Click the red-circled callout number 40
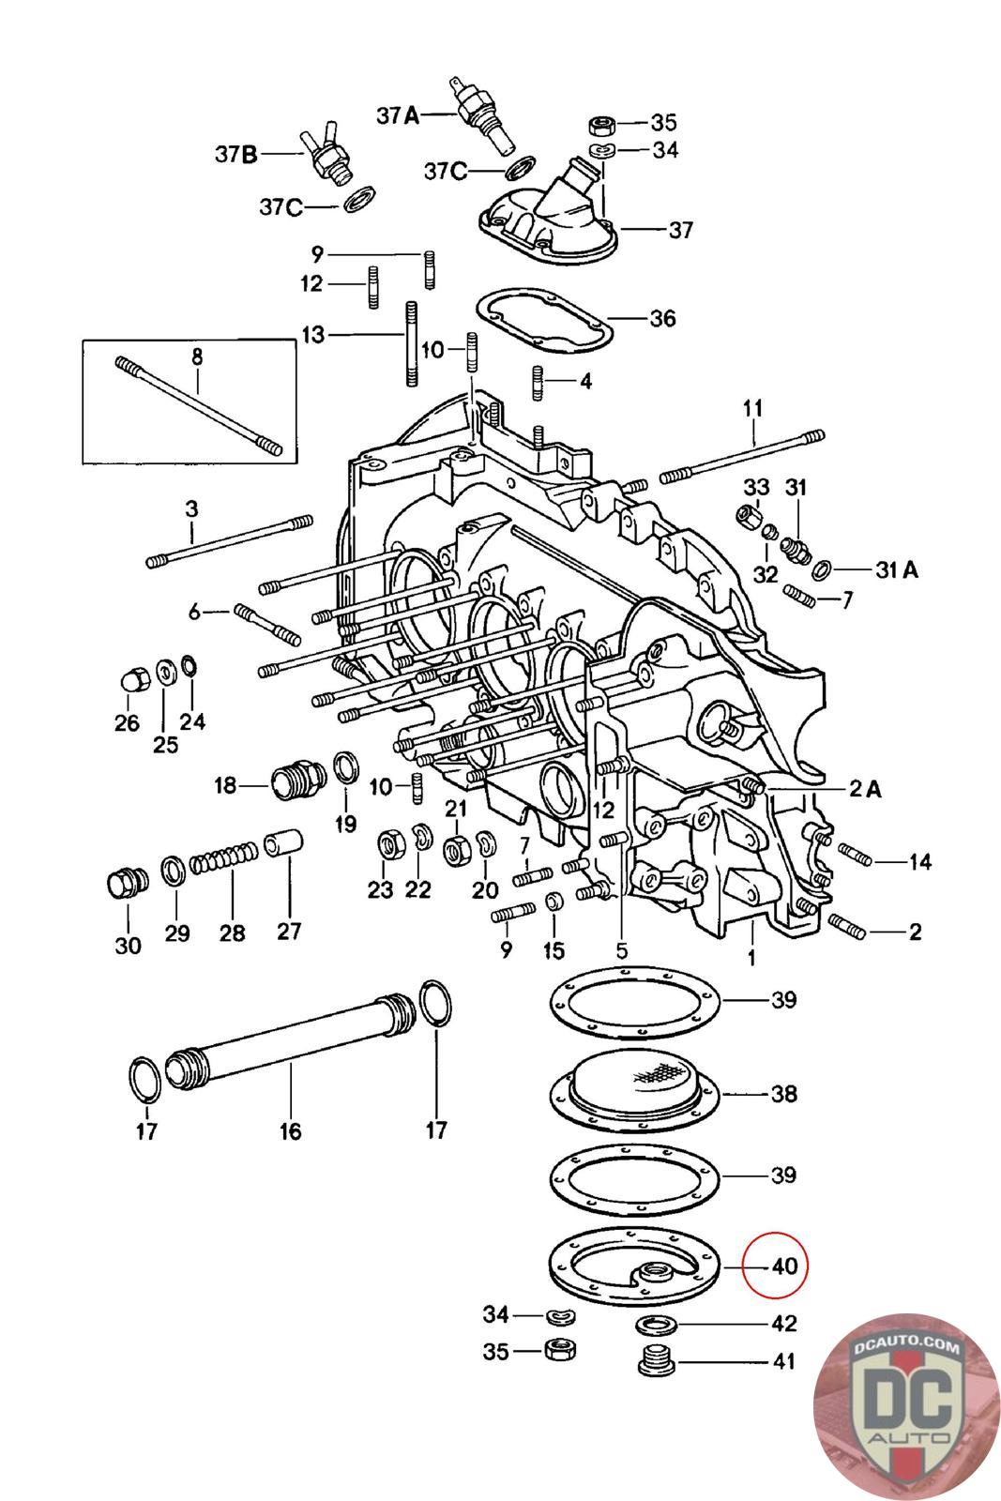click(x=783, y=1266)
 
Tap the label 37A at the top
click(x=397, y=115)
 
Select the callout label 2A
click(x=864, y=789)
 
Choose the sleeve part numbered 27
click(x=282, y=842)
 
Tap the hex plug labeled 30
click(x=123, y=884)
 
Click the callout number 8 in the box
click(x=196, y=356)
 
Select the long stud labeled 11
click(x=741, y=456)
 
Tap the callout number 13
click(x=312, y=333)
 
